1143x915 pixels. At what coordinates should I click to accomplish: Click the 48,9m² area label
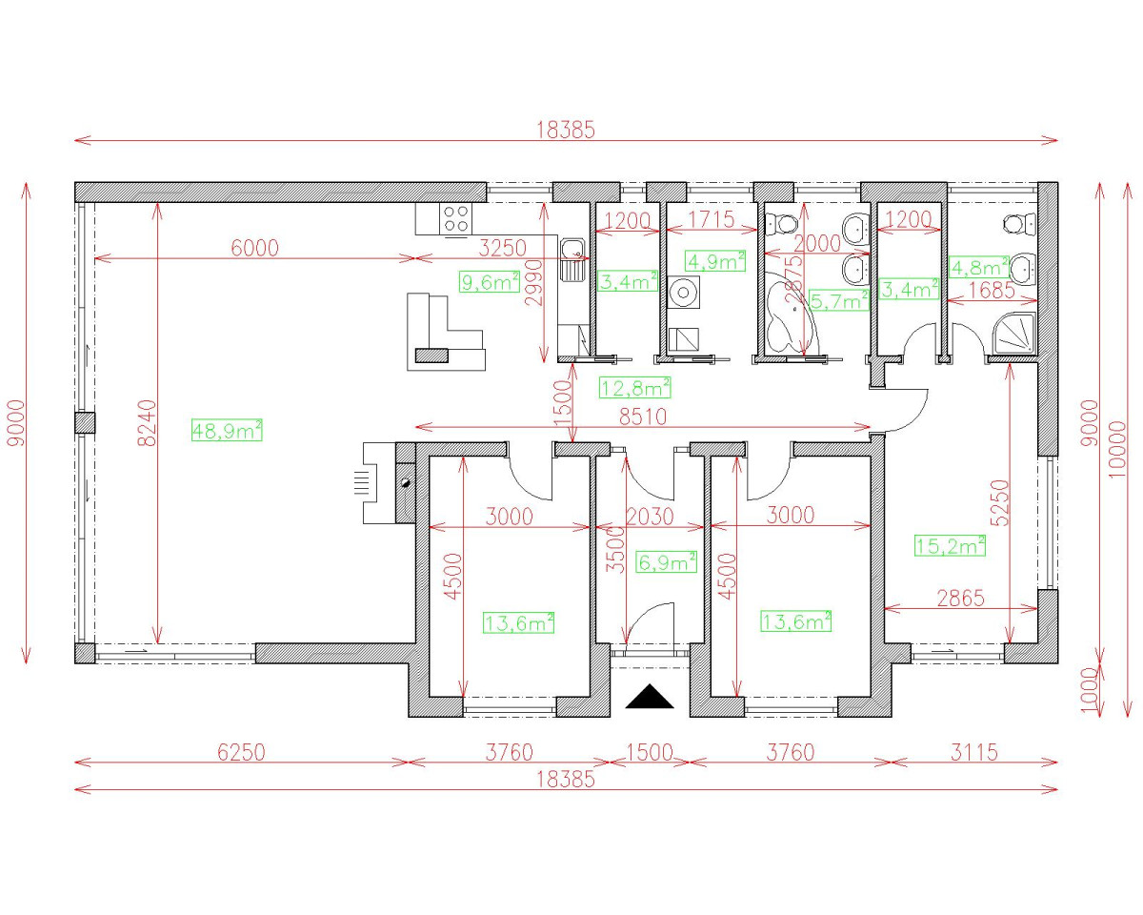tap(227, 431)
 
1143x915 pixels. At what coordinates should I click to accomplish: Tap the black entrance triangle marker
tap(650, 698)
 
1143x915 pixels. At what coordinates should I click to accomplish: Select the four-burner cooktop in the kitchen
tap(455, 219)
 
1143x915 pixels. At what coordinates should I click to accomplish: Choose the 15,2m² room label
tap(950, 546)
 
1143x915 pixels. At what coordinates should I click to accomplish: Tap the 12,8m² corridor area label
tap(634, 387)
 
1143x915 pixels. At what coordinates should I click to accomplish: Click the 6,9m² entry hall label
tap(667, 563)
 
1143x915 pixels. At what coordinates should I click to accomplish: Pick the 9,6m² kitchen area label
tap(490, 281)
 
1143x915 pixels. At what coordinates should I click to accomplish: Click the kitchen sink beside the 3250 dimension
tap(572, 253)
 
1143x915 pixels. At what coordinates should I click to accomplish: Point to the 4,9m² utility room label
tap(715, 261)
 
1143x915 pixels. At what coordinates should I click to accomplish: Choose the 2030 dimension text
tap(651, 516)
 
